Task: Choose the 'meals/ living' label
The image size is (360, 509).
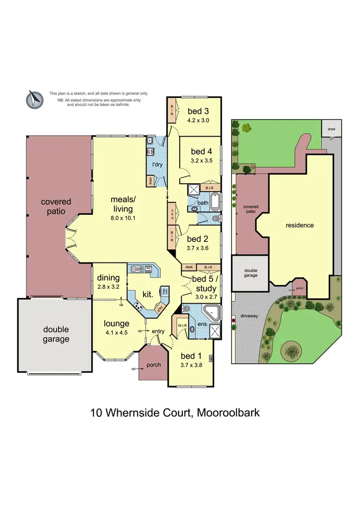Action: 121,204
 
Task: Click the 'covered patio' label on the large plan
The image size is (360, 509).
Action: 56,207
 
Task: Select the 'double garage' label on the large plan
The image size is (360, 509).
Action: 56,334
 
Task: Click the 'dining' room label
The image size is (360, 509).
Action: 108,278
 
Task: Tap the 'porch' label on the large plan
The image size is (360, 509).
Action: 154,365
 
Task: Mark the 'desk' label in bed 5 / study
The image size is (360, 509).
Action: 188,267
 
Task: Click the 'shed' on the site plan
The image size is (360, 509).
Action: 331,129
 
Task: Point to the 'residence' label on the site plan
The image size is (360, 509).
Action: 300,225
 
